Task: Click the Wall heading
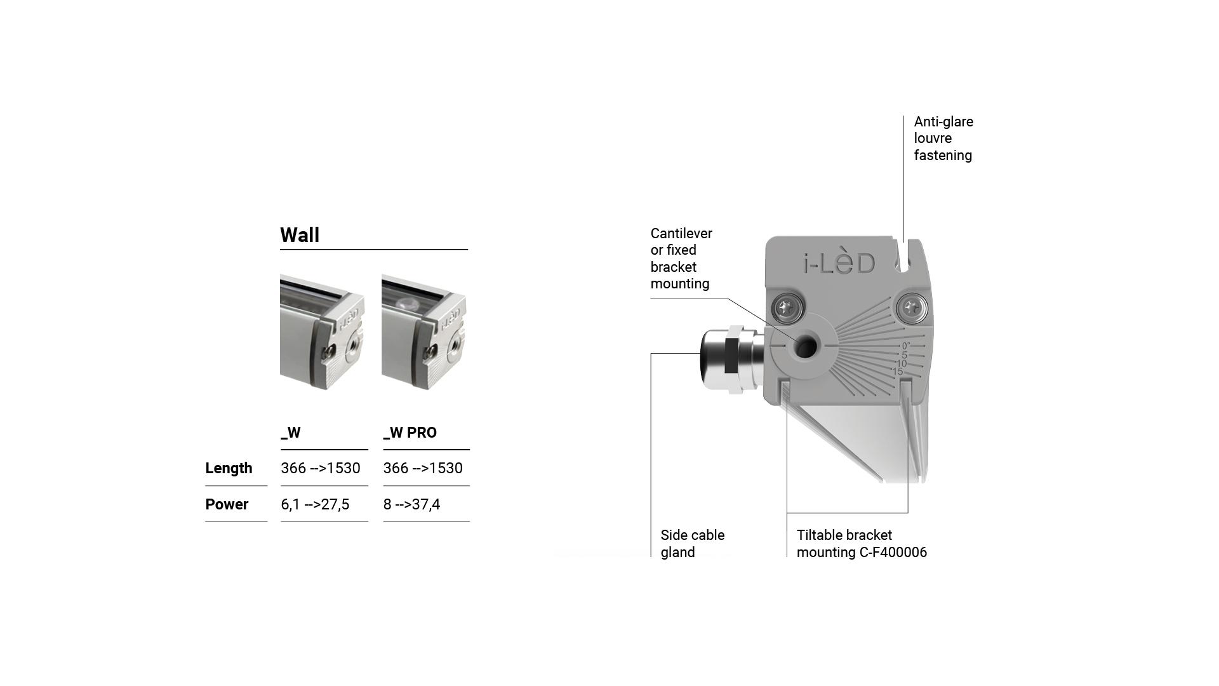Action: pos(300,235)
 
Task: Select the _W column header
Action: pos(291,433)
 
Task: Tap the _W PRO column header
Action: pos(410,433)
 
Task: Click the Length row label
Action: pos(229,468)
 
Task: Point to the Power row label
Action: pos(227,504)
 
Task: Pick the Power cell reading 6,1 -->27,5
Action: pos(315,504)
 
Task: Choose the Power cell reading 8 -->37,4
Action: pos(411,504)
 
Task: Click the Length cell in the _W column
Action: pos(321,468)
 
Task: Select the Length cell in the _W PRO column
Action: pos(423,468)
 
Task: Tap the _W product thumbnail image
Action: pos(323,332)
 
